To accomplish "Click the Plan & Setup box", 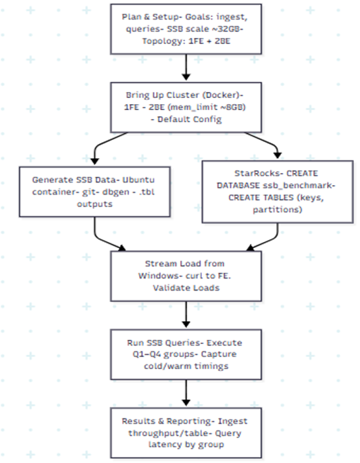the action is pos(186,29).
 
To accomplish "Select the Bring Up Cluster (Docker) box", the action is pos(186,107).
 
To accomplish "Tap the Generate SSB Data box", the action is pos(95,192).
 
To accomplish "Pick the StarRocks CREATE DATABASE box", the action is pos(278,191).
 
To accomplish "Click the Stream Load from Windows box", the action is pos(186,276).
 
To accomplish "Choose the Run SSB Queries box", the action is pos(186,354).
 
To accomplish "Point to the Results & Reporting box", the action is pos(186,433).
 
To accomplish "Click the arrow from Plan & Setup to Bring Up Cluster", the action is pos(186,68).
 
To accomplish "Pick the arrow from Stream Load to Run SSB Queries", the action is pos(186,314).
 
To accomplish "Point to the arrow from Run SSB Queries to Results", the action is pos(186,393).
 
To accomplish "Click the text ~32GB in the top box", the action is pos(226,29).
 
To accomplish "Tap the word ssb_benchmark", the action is pos(299,185).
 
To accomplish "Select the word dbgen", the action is pos(116,192).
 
